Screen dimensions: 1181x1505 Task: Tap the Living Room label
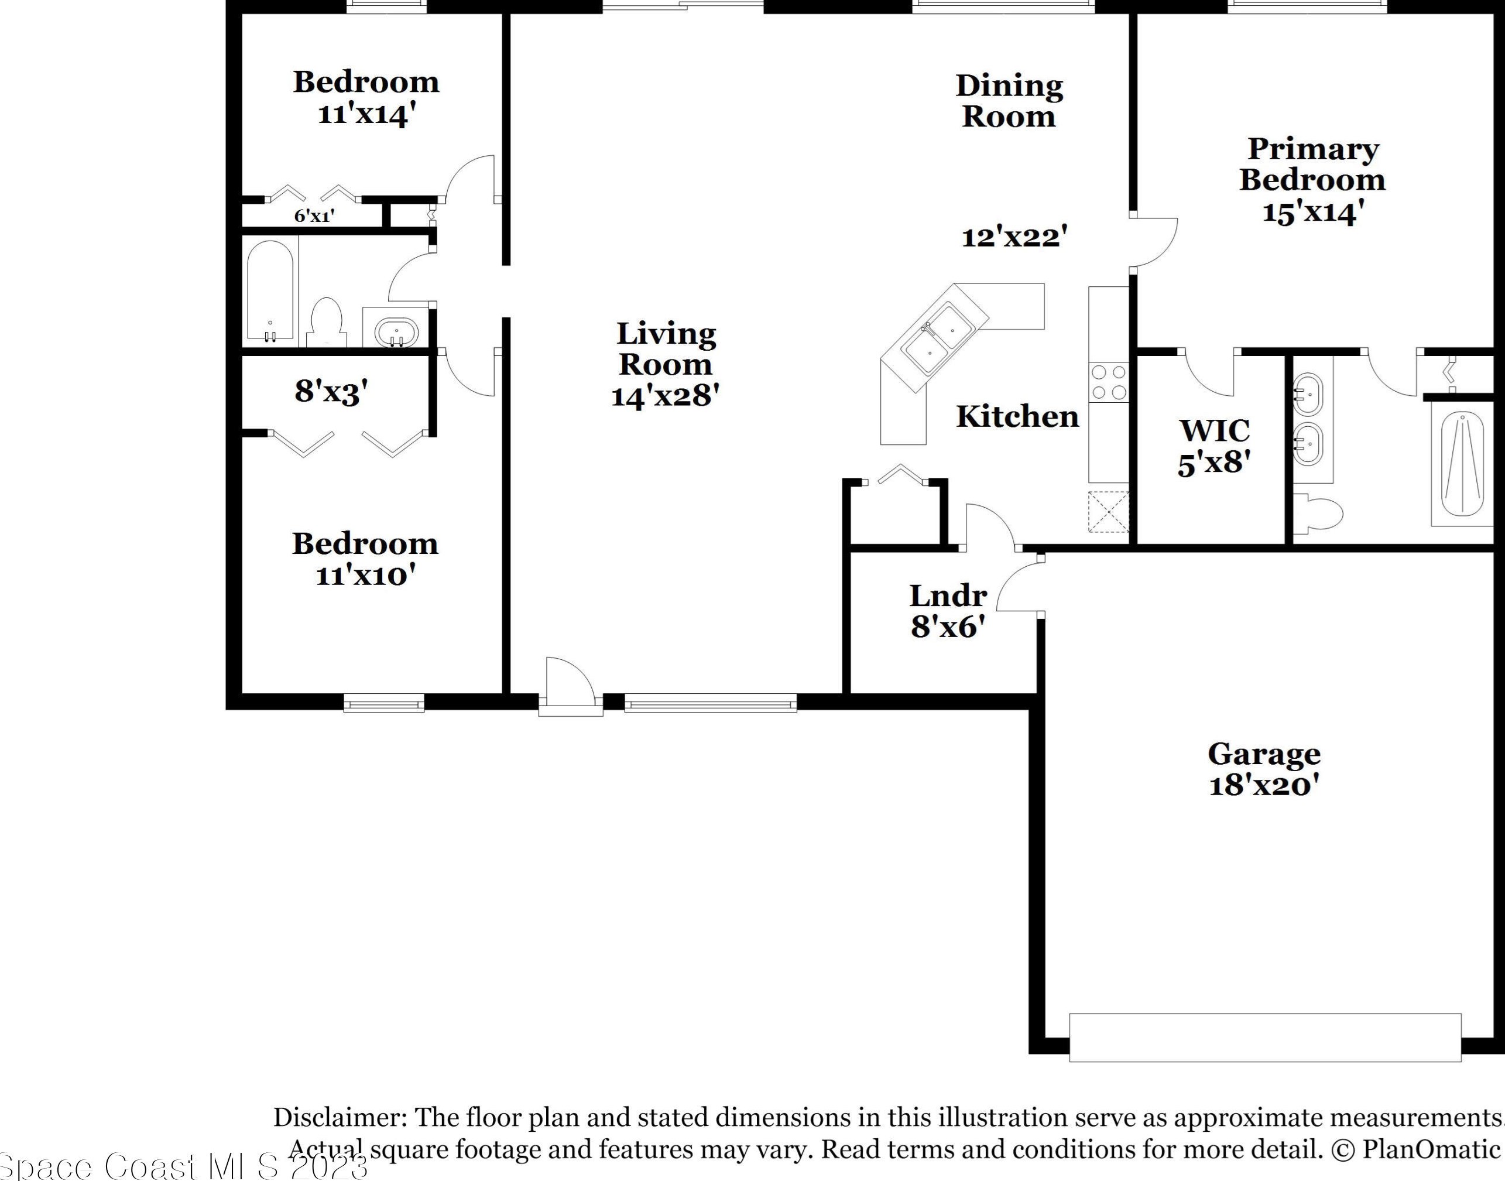666,348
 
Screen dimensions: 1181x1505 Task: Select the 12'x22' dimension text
1014,237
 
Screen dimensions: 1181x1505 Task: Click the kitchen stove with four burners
1108,382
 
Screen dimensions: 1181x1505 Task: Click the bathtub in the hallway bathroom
270,290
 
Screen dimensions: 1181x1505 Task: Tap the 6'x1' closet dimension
314,215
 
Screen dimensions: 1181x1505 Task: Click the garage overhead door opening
1264,1037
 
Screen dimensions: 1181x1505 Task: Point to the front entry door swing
569,683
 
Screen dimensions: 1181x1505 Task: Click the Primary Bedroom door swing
1154,242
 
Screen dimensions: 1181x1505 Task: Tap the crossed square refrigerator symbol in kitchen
1108,512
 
